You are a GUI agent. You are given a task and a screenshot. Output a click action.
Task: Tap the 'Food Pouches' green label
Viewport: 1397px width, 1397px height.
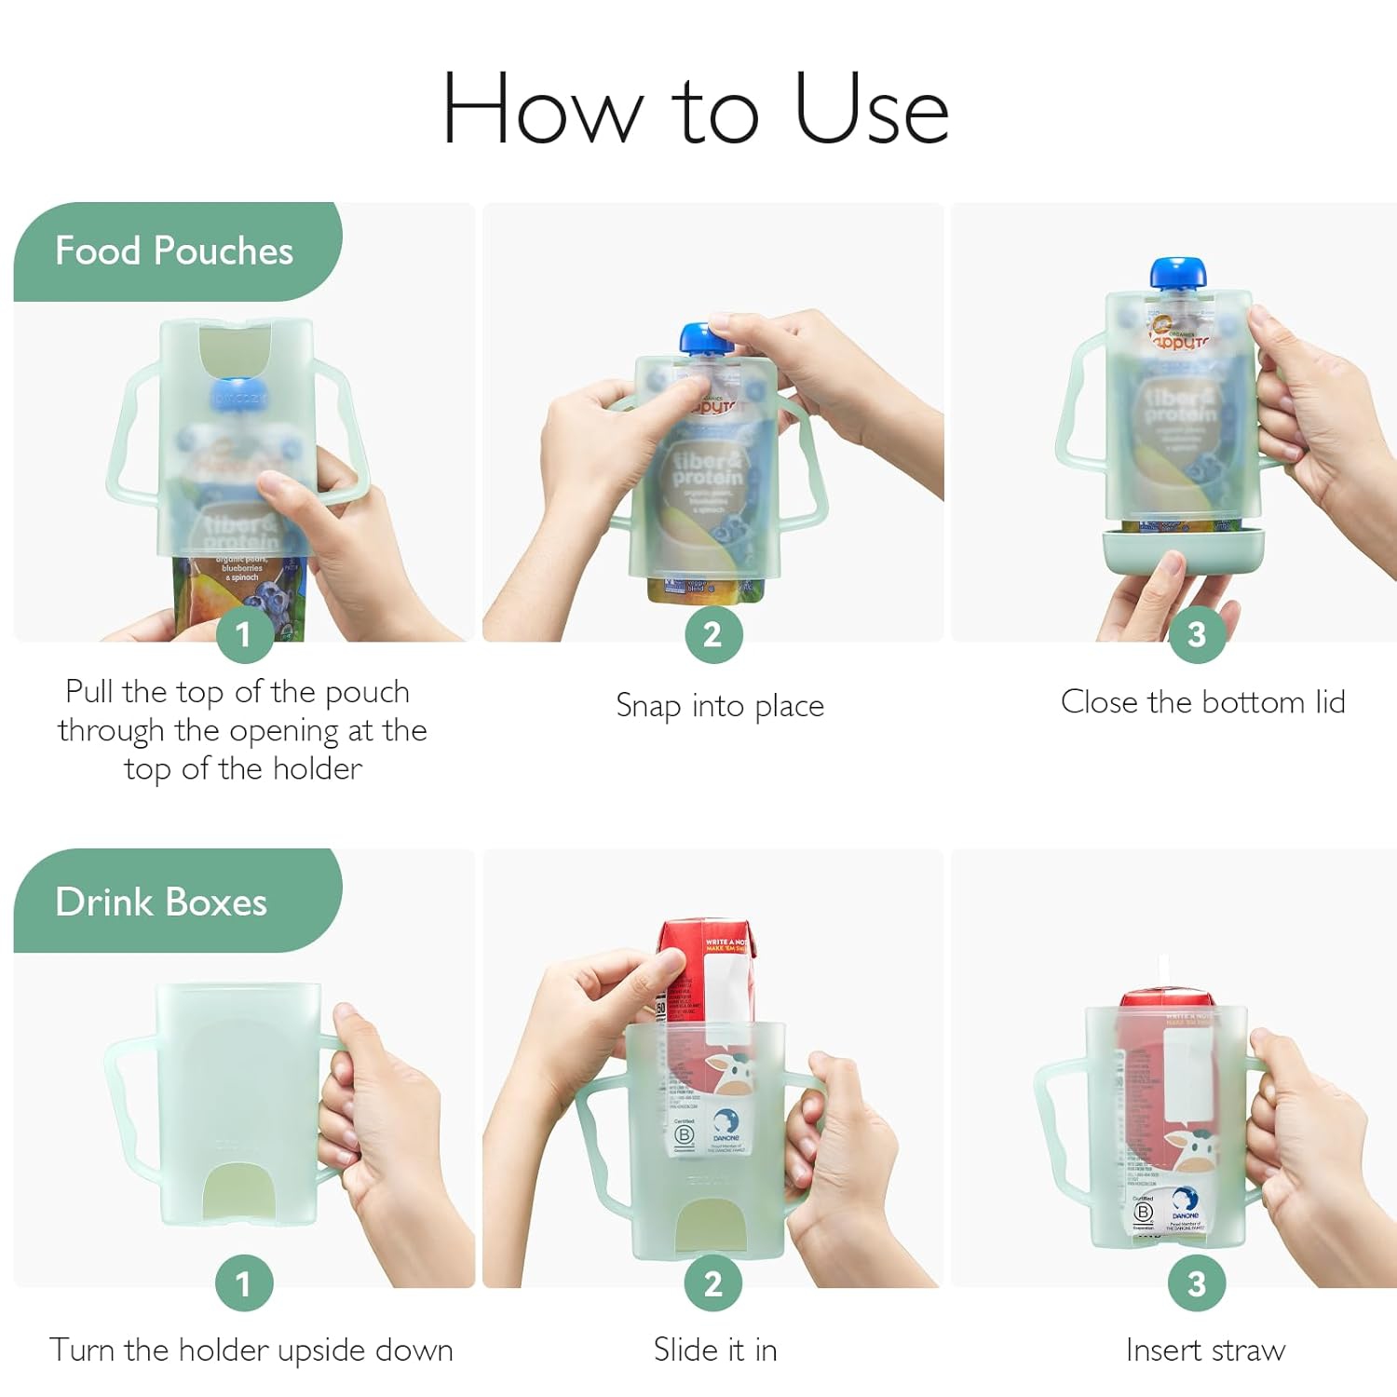(x=174, y=251)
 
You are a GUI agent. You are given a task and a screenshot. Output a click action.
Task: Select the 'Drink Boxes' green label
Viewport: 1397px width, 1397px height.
(x=161, y=902)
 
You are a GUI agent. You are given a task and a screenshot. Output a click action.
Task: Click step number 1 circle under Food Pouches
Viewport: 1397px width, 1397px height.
(x=244, y=634)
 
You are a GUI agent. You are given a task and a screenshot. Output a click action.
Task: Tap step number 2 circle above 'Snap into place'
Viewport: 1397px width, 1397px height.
(x=712, y=634)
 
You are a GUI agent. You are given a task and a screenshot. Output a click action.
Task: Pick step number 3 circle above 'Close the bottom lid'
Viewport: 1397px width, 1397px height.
(x=1197, y=634)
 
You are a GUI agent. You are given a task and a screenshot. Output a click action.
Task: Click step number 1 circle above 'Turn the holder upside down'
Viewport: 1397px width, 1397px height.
(x=244, y=1283)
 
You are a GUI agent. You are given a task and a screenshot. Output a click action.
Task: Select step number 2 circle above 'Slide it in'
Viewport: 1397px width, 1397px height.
(x=712, y=1283)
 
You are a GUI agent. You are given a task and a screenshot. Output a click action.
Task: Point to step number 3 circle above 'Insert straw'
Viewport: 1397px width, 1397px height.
(x=1197, y=1283)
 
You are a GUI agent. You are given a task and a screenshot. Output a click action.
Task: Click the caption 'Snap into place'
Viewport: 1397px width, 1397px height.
(x=720, y=706)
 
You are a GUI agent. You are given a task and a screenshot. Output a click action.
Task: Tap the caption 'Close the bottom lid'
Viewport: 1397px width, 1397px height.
(x=1202, y=701)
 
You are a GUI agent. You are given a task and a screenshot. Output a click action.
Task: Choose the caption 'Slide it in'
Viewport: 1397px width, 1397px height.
(x=715, y=1350)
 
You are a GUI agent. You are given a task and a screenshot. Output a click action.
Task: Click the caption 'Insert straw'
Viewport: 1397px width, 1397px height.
(x=1205, y=1350)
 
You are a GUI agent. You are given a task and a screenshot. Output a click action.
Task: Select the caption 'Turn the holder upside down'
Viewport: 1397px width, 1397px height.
(x=251, y=1350)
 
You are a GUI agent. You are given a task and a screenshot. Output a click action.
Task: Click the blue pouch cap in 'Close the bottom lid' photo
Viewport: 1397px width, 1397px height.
(x=1178, y=273)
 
